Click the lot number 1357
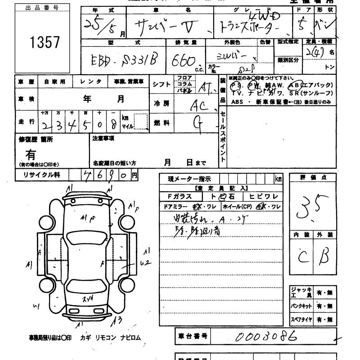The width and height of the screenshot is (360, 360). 45,43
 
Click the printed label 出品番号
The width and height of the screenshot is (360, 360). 37,8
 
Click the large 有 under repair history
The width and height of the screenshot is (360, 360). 30,155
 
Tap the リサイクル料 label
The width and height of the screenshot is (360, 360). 38,175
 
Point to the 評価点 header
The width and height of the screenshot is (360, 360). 312,178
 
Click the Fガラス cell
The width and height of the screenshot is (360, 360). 180,196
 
